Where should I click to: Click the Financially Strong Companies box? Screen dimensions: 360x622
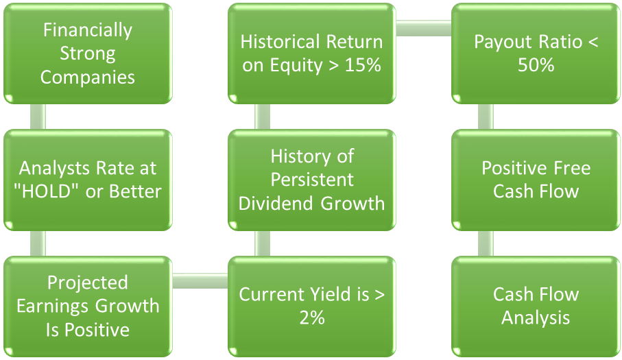87,53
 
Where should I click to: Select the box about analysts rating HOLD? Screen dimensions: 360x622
87,179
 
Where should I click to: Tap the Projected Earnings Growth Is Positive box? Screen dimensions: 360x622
87,306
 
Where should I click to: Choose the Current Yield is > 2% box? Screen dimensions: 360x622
311,306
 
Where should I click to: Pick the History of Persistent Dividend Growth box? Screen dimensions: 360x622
311,179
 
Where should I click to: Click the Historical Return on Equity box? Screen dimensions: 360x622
311,53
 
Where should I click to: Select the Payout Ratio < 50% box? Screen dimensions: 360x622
536,53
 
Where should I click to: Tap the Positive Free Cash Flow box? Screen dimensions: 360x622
536,179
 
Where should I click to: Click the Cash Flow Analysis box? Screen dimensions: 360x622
536,306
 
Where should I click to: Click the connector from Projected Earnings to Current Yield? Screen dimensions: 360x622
200,280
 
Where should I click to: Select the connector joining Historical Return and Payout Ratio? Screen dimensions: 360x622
423,28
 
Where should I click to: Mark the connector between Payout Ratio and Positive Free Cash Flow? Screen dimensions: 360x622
486,117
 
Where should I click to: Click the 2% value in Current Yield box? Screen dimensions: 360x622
311,318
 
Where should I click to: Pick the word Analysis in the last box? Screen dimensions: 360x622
536,318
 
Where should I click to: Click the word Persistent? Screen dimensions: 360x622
311,180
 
